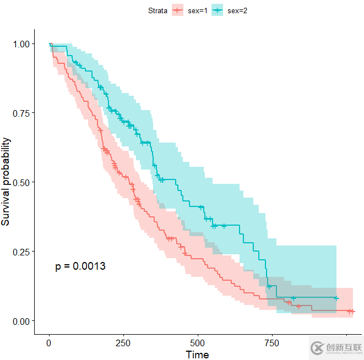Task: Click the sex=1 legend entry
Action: (188, 10)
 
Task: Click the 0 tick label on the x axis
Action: (49, 342)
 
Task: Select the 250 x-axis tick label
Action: (123, 342)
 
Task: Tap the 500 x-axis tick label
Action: (198, 342)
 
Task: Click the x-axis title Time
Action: (197, 354)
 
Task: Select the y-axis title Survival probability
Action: (6, 182)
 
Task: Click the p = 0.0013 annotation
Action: (80, 266)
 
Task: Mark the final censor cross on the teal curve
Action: (336, 298)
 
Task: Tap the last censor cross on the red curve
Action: (350, 312)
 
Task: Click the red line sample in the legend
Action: (177, 10)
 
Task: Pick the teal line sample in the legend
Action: (217, 10)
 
